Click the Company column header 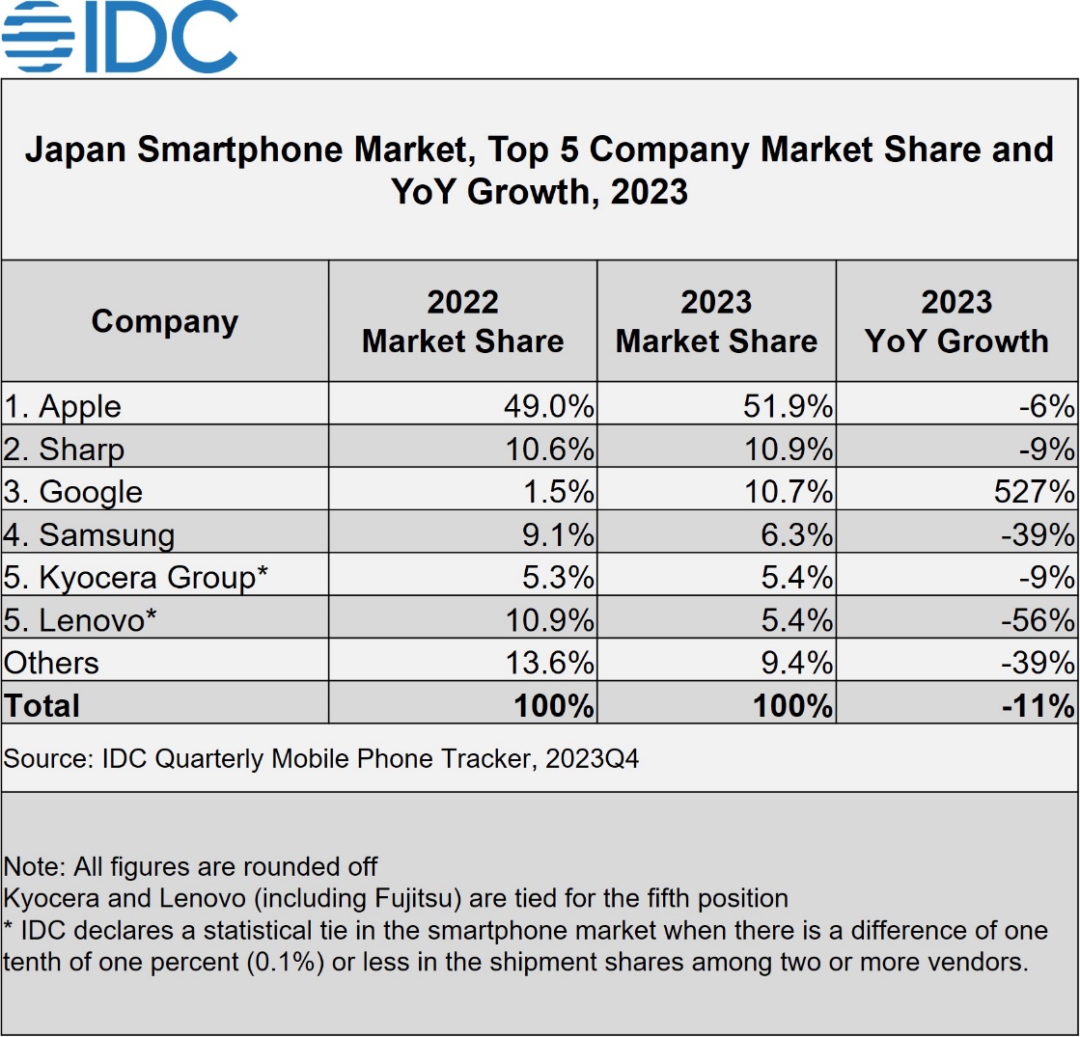164,321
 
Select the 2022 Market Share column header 462,321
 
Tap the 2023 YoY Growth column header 956,321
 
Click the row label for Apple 63,406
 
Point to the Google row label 73,492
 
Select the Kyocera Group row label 136,577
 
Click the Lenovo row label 80,619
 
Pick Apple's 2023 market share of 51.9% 788,406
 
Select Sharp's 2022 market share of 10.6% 548,450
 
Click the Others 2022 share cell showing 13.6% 548,663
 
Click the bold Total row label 42,705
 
